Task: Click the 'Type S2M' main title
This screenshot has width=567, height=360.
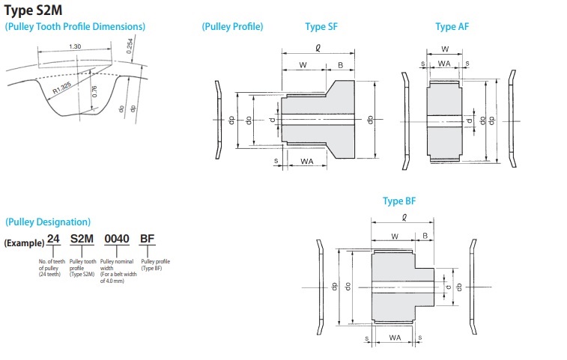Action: pos(33,10)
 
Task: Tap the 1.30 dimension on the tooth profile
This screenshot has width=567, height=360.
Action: pos(75,46)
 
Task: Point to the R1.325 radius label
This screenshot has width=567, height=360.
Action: pos(62,88)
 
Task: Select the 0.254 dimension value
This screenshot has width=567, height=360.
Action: pos(130,46)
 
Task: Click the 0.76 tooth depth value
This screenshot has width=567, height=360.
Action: pos(94,91)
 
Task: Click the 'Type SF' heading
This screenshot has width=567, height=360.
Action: pos(321,26)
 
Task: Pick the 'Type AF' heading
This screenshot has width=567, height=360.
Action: pos(452,26)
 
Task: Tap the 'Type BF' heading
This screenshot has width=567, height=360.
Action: pos(399,201)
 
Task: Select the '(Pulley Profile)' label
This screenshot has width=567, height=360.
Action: pos(232,26)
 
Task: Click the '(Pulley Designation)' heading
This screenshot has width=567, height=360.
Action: pos(48,222)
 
